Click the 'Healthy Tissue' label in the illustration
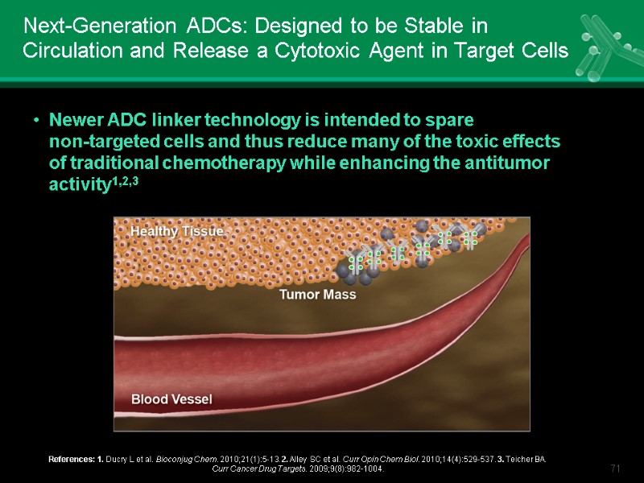[x=176, y=231]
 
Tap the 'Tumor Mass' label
[x=317, y=295]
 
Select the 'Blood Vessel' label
[x=171, y=398]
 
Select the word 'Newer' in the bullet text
[x=72, y=121]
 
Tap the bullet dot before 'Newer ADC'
[x=36, y=122]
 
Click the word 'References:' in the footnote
[x=69, y=459]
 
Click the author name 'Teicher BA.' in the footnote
[x=526, y=459]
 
